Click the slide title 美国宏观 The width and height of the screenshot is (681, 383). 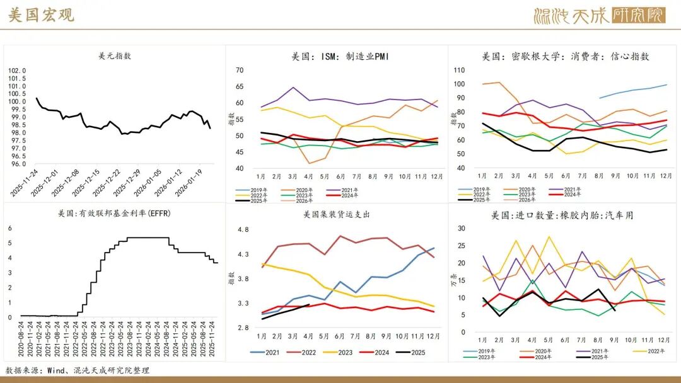(41, 15)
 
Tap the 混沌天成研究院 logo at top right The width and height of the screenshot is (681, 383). (598, 15)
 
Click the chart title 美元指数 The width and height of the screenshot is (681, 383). (115, 56)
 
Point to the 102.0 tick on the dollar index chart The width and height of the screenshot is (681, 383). (17, 71)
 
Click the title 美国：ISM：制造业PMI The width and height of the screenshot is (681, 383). (340, 56)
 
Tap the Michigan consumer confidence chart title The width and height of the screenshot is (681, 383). (565, 56)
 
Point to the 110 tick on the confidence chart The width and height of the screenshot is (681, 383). (459, 70)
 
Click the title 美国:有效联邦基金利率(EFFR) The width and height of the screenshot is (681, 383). (114, 213)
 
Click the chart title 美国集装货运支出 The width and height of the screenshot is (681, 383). (336, 214)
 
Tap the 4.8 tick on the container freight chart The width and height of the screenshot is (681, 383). (243, 230)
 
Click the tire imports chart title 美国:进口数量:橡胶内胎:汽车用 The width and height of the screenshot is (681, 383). (562, 215)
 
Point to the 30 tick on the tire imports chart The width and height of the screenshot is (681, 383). (461, 229)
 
